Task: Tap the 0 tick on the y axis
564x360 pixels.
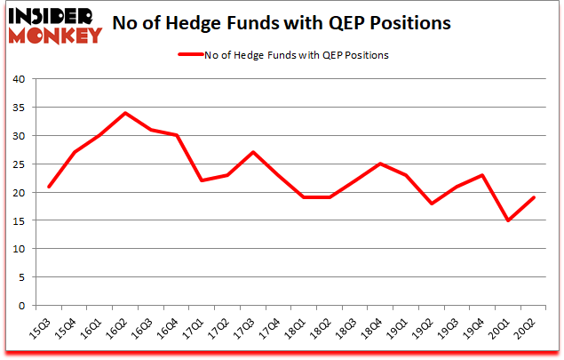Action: [20, 305]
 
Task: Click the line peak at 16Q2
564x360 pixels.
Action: [126, 113]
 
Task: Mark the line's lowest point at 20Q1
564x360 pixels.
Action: [508, 220]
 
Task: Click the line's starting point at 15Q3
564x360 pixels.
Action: [50, 187]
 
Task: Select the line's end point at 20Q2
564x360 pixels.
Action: [534, 198]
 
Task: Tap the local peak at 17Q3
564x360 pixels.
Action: [253, 153]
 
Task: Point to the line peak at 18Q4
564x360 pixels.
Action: [381, 164]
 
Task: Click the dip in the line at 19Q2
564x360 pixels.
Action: [432, 204]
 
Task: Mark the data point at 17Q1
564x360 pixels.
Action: [203, 180]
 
